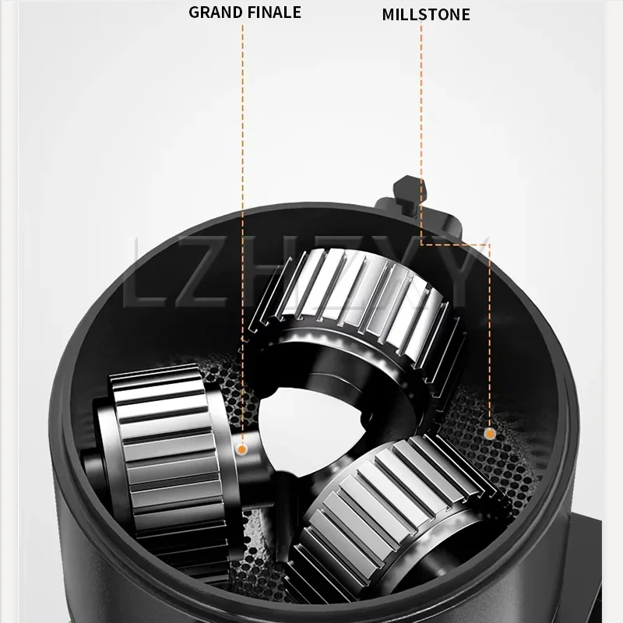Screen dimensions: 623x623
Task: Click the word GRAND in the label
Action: click(x=210, y=12)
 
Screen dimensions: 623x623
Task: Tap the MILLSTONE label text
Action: click(x=426, y=15)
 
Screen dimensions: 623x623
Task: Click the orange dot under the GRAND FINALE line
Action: click(x=241, y=450)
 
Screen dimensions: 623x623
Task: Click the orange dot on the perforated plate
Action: click(x=490, y=434)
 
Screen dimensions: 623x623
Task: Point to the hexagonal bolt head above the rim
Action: click(x=410, y=192)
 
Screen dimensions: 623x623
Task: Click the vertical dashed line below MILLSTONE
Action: click(x=421, y=133)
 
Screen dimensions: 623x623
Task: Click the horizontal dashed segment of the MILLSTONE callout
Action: click(x=456, y=245)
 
